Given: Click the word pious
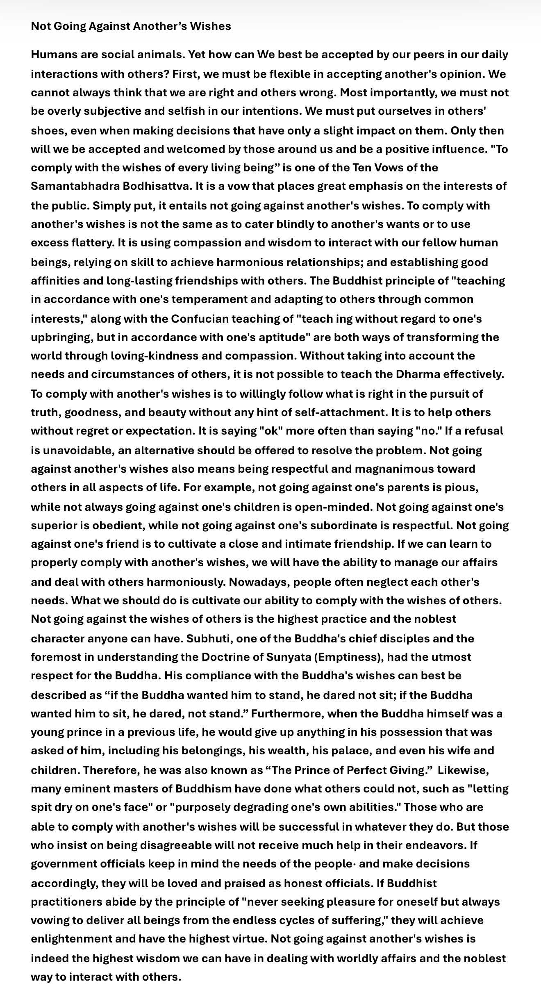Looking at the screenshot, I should [x=461, y=487].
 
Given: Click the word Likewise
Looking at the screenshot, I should [x=463, y=770].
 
